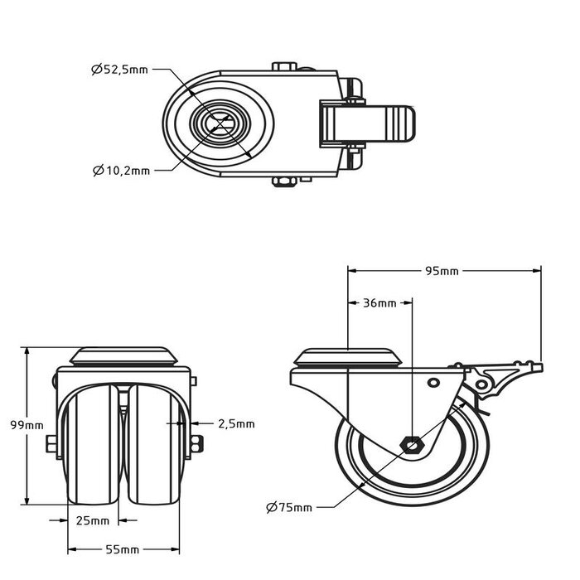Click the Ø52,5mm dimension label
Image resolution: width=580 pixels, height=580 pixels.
119,70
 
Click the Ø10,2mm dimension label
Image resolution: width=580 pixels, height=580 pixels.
121,171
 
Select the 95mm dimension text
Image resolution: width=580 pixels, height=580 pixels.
442,271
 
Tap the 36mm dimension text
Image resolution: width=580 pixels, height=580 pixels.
379,303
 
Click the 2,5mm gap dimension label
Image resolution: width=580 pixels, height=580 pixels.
236,423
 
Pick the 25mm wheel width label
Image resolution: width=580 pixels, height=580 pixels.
93,521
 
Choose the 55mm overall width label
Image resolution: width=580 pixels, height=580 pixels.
123,549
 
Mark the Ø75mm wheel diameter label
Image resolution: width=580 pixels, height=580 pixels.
289,507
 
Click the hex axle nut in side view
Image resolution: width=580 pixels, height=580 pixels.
412,446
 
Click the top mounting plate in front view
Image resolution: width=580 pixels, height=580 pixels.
123,357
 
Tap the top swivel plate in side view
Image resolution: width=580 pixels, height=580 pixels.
349,359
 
